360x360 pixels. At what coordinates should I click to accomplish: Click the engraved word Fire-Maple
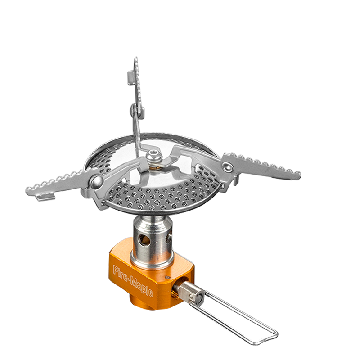click(x=133, y=281)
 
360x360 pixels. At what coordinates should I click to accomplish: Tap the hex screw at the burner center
click(x=154, y=157)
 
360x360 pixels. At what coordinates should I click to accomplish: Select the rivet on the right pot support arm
click(x=227, y=166)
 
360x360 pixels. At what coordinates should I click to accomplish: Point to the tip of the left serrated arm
click(x=27, y=190)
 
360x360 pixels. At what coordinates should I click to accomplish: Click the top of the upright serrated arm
click(x=136, y=58)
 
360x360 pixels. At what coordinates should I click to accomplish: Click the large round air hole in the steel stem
click(x=144, y=239)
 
